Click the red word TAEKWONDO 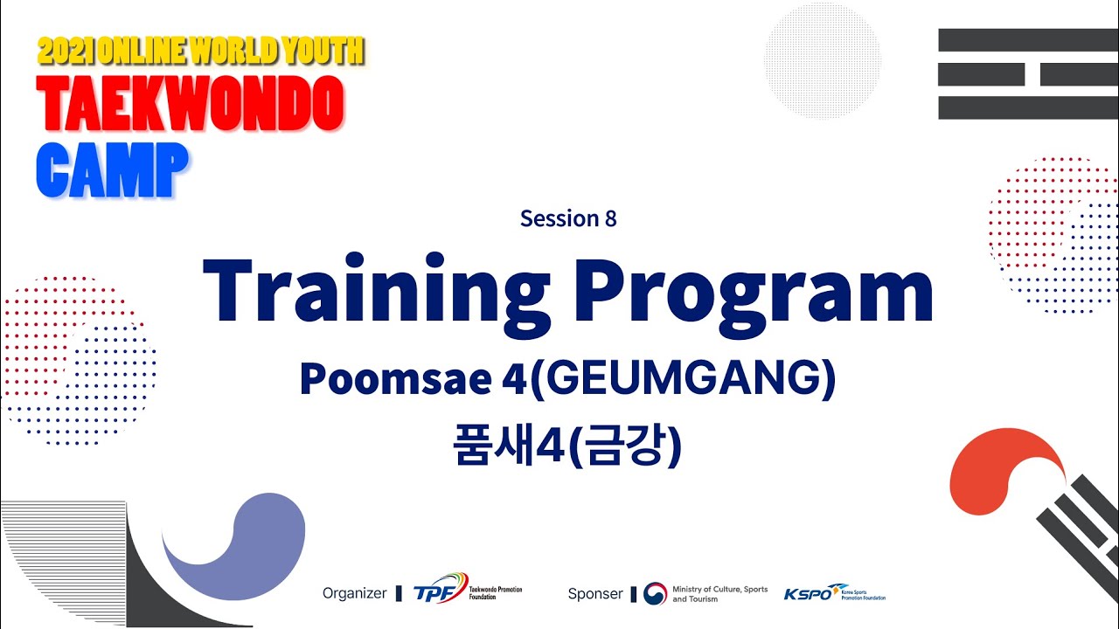pos(190,104)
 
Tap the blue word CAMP pos(112,169)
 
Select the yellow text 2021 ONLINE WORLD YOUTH pos(200,52)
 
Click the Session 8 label pos(568,218)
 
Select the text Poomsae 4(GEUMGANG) pos(567,379)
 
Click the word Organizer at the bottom pos(354,593)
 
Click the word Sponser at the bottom pos(595,593)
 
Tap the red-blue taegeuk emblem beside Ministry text pos(655,594)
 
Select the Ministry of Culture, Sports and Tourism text pos(719,594)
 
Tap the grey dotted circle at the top pos(822,60)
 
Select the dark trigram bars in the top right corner pos(1028,73)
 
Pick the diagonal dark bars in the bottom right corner pos(1080,524)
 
